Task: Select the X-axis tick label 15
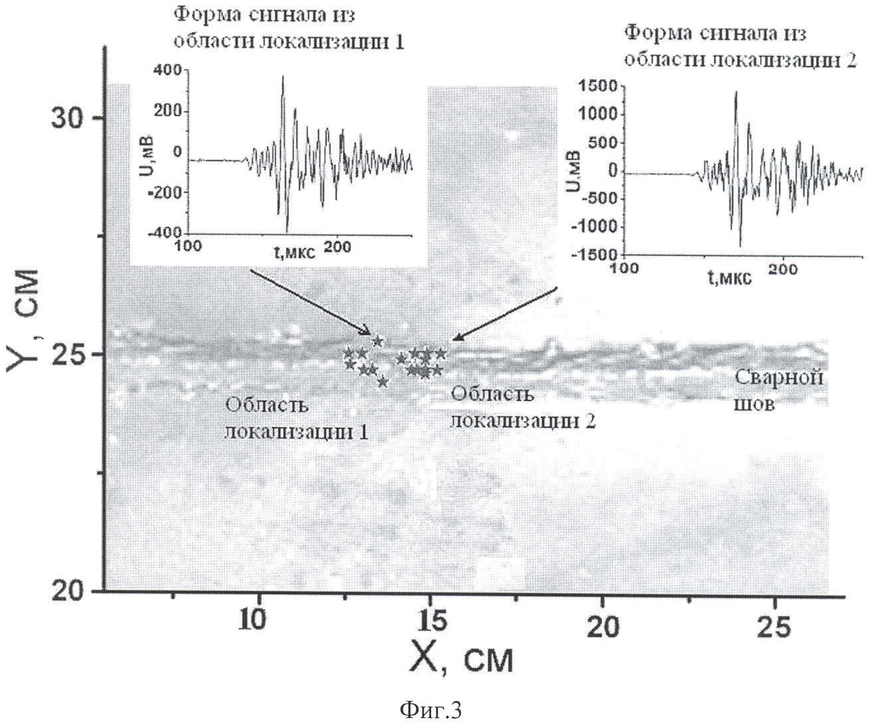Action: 431,625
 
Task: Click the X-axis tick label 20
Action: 602,625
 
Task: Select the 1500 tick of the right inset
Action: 599,86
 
